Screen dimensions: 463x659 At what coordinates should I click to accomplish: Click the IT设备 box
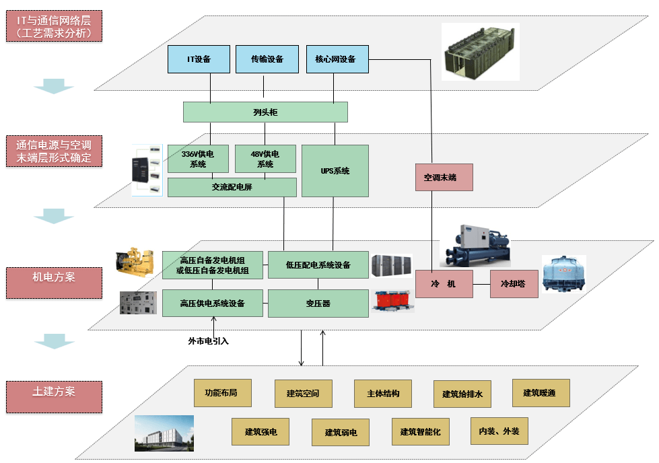tap(199, 59)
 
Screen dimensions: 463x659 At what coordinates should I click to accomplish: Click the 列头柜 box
tap(265, 112)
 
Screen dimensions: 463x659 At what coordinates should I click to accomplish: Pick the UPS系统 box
tap(335, 170)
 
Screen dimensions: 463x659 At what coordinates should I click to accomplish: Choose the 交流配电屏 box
tap(232, 187)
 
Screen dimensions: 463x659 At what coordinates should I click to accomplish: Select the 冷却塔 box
tap(514, 284)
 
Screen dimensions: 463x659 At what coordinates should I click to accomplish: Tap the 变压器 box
tap(318, 304)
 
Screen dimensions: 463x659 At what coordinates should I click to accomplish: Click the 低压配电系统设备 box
tap(318, 265)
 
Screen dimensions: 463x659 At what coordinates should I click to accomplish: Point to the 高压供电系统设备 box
tap(212, 303)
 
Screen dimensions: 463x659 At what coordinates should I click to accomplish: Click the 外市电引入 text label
tap(208, 341)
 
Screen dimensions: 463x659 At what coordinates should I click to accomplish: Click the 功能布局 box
tap(222, 392)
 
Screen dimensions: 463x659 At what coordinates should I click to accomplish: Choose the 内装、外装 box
tap(499, 431)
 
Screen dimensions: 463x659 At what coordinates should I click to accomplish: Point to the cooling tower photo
tap(564, 276)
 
